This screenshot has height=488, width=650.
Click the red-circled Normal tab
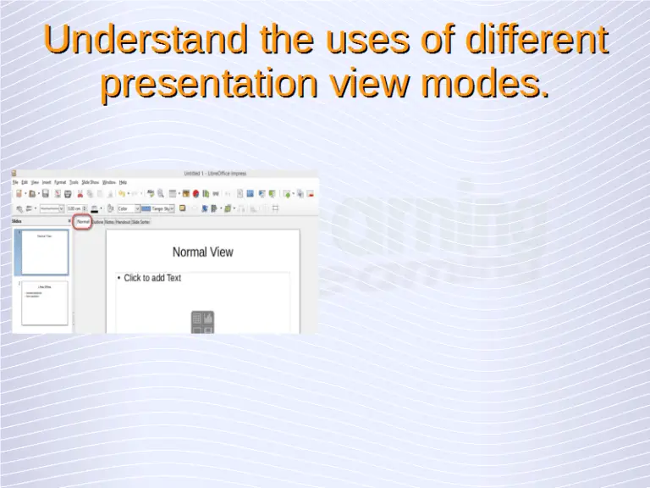tap(83, 222)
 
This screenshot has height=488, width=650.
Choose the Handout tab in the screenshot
tap(123, 222)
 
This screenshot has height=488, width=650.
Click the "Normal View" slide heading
tap(202, 252)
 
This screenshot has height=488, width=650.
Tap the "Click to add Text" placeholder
tap(152, 278)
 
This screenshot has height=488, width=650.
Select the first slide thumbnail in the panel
tap(44, 252)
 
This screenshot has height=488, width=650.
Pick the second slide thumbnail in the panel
tap(44, 302)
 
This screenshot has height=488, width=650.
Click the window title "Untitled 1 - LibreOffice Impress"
tap(215, 174)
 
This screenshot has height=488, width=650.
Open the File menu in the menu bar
tap(15, 182)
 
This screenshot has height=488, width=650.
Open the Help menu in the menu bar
tap(123, 182)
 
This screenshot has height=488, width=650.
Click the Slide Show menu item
tap(90, 182)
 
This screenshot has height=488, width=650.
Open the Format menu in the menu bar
tap(60, 182)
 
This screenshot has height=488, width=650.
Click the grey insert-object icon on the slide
tap(202, 322)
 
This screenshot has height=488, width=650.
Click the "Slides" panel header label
tap(17, 222)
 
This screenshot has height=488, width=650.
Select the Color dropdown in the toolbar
tap(127, 208)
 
